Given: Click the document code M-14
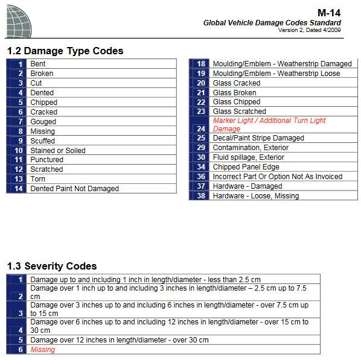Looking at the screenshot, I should point(329,13).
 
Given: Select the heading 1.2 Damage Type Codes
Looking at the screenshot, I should point(65,51).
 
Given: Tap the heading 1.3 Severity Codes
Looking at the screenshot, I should point(52,266).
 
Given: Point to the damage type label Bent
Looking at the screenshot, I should point(38,64).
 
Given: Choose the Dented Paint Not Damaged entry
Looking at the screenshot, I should point(74,189).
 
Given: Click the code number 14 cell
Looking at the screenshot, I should point(18,189).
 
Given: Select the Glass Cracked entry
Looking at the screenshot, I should point(237,83).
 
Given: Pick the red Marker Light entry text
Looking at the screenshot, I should point(269,125).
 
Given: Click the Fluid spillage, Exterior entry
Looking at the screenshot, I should point(248,157).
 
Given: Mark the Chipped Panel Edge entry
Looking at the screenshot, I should point(246,167).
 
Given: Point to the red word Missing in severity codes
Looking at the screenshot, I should point(42,350).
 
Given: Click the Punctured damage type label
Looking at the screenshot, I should point(46,160).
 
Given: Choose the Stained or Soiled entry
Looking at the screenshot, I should point(58,151).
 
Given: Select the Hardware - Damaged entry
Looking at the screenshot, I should point(248,186).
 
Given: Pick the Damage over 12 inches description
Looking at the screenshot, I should point(120,340).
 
